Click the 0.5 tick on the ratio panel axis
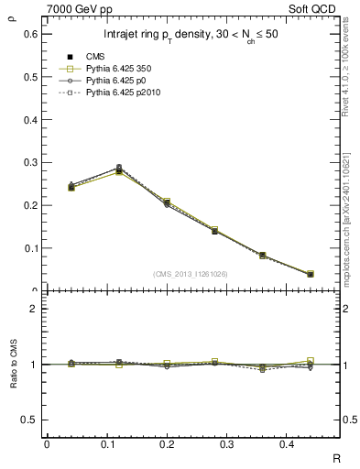click(x=30, y=420)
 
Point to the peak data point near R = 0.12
click(x=119, y=170)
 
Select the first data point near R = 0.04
click(x=71, y=187)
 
